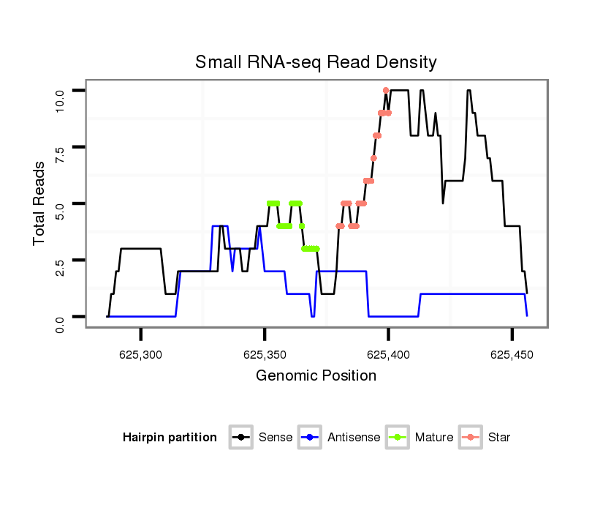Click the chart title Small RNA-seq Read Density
316,63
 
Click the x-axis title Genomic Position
316,376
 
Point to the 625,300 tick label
141,355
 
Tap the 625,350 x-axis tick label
265,355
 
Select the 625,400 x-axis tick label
388,355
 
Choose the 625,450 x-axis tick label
512,355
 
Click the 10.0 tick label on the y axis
61,91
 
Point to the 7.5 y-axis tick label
61,147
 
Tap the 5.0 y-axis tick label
61,203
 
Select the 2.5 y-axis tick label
61,260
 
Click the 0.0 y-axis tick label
61,317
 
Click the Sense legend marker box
240,438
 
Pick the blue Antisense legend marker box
310,438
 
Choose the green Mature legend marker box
397,438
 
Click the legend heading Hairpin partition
170,438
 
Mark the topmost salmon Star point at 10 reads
386,90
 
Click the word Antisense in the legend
354,438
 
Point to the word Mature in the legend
434,438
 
